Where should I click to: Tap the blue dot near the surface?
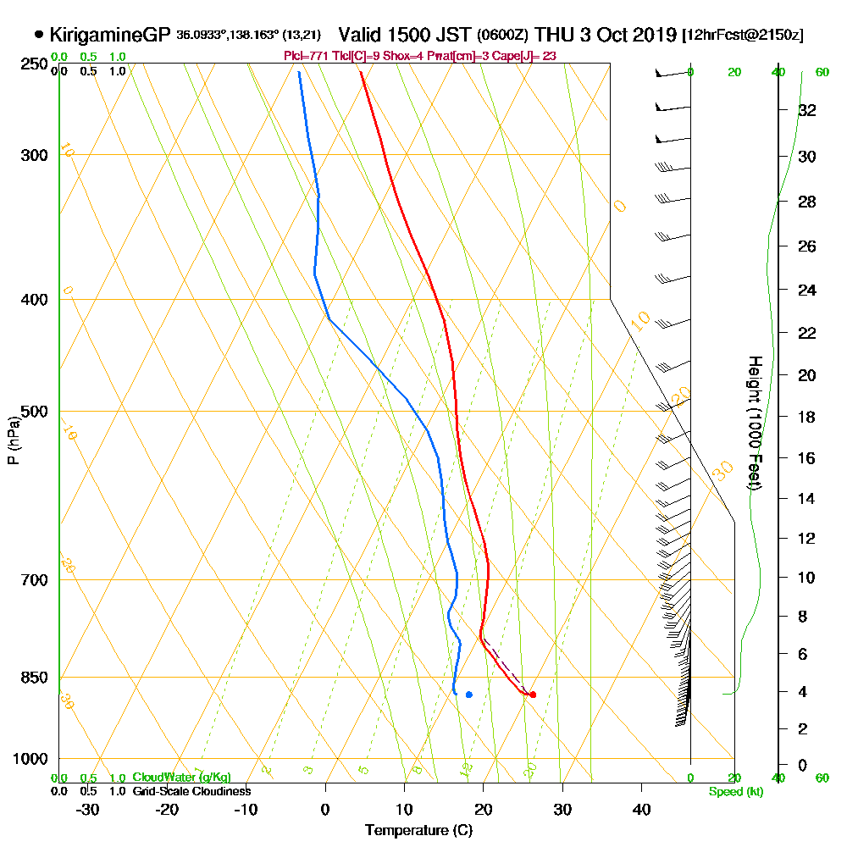[468, 695]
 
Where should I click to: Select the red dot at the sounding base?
[532, 695]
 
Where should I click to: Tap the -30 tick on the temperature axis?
[88, 810]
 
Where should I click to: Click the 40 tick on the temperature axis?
[641, 810]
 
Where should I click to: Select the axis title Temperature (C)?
[418, 831]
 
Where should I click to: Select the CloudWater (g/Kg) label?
[181, 778]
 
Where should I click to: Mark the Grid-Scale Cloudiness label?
[191, 791]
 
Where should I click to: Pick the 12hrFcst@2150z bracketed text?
[743, 36]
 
